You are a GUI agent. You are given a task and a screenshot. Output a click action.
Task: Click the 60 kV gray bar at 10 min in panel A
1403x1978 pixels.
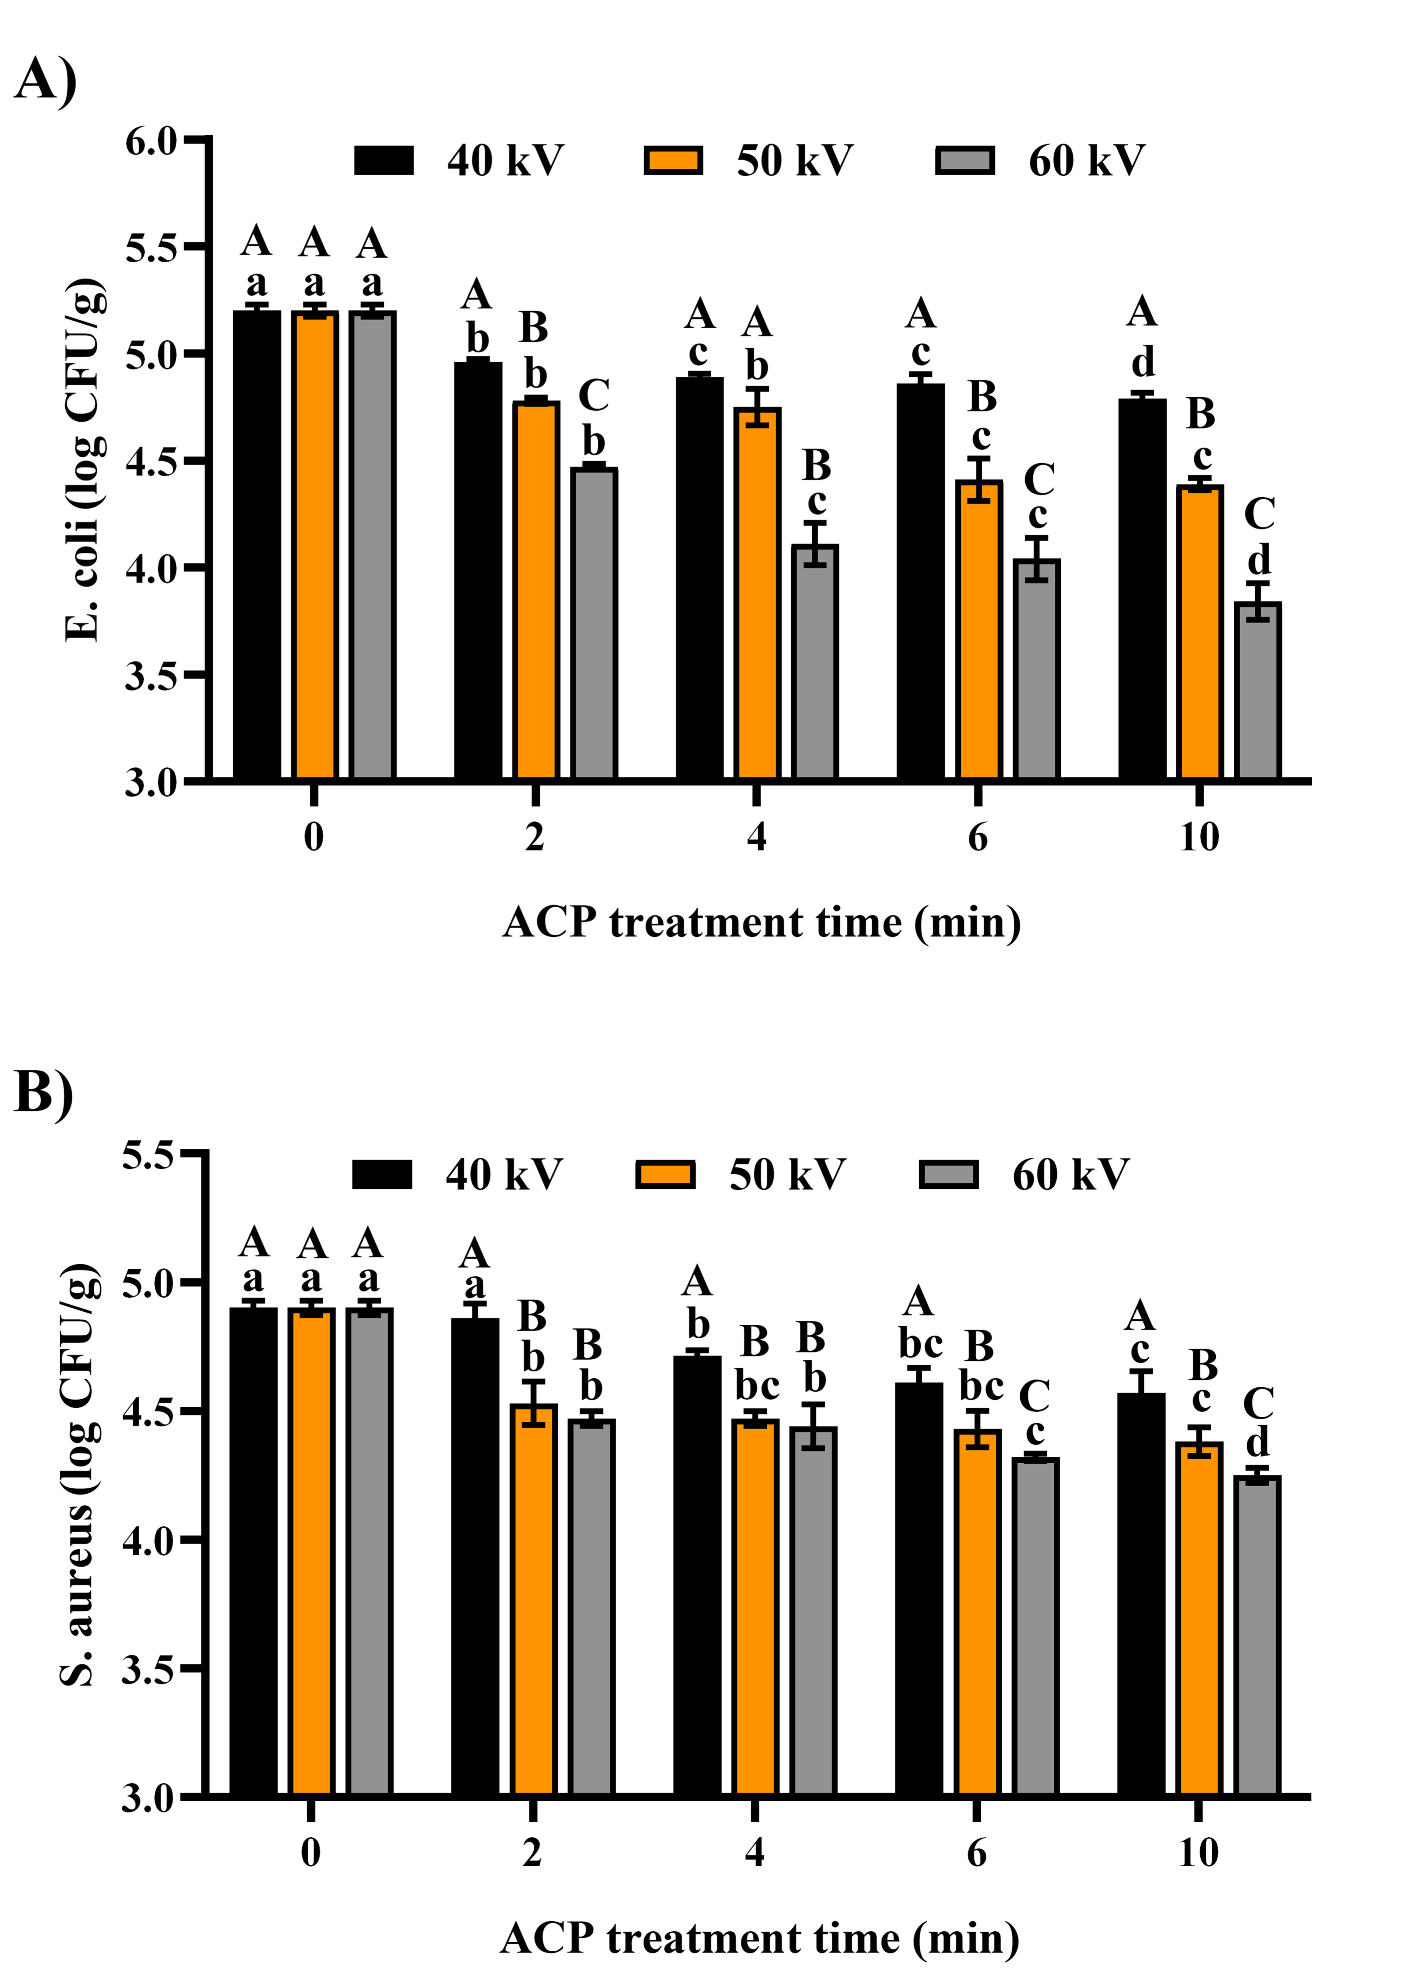[1258, 691]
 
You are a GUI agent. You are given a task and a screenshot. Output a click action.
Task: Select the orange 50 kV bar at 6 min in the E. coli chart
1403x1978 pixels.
[979, 631]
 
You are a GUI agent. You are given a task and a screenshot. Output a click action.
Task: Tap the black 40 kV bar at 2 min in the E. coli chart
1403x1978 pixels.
[478, 570]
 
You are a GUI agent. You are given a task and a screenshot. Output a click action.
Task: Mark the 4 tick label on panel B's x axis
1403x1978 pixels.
[754, 1852]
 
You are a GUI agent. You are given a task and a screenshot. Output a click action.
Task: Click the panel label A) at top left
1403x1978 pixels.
[45, 80]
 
